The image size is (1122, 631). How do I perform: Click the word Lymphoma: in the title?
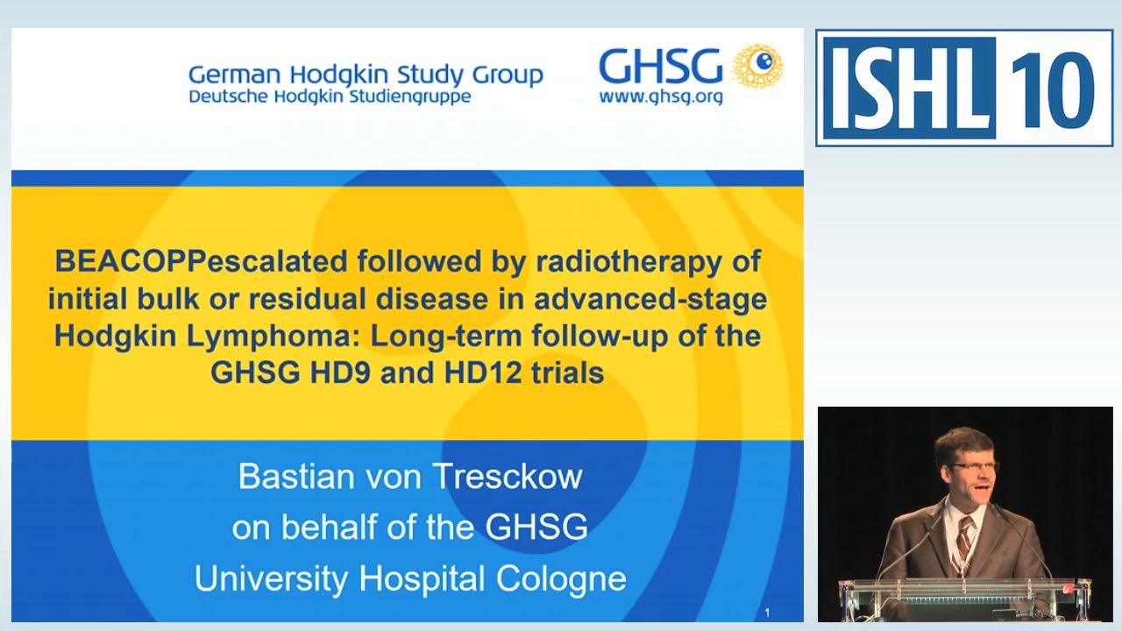(x=273, y=336)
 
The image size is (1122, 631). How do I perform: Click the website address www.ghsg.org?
(x=661, y=96)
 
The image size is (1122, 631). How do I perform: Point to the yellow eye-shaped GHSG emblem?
(x=758, y=66)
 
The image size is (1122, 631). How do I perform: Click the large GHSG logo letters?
(x=660, y=67)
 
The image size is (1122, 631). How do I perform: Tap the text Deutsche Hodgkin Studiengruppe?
(x=330, y=96)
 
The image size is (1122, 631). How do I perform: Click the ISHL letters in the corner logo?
(x=908, y=89)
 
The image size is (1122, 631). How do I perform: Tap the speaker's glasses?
(x=975, y=466)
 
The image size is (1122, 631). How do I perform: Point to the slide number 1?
(x=767, y=613)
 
